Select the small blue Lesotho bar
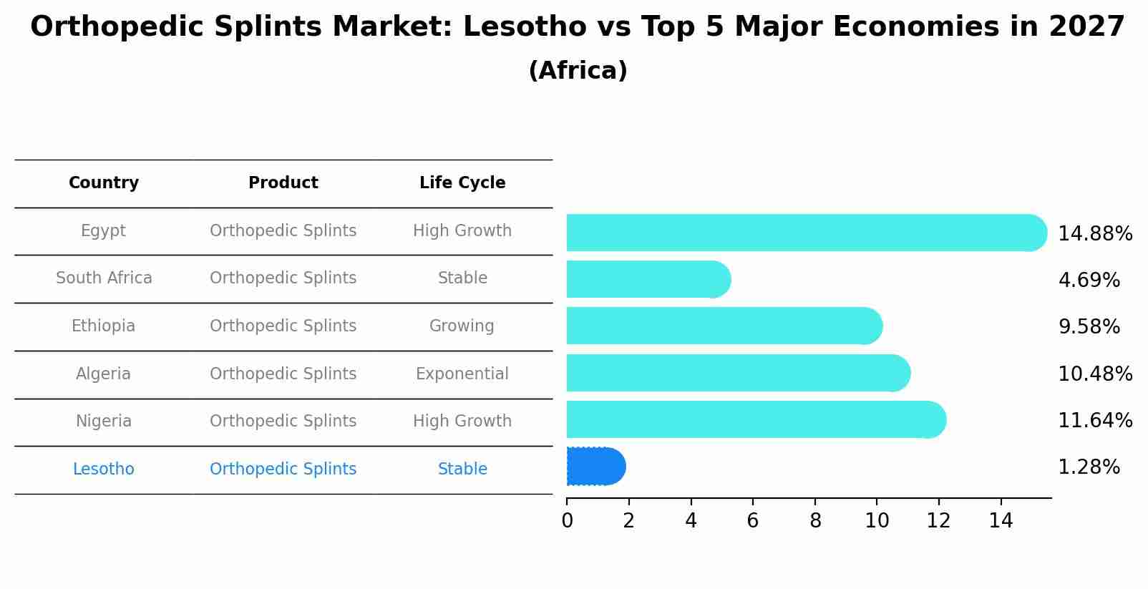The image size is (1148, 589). click(x=595, y=467)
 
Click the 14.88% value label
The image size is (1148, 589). click(x=1094, y=234)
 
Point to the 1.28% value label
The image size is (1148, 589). click(x=1089, y=467)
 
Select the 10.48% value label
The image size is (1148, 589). click(x=1094, y=374)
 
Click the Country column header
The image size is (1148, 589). click(x=104, y=183)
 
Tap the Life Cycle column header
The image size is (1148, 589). click(x=462, y=183)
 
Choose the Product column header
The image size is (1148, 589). click(x=283, y=183)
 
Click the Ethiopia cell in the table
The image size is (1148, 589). click(x=104, y=326)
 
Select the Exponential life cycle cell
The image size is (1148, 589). click(x=462, y=374)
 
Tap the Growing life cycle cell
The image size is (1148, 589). click(x=462, y=326)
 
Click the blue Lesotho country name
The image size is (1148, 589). click(x=104, y=469)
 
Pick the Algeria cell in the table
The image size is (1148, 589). click(x=104, y=374)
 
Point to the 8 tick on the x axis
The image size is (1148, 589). click(x=815, y=521)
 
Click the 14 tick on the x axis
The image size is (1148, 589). click(x=1001, y=521)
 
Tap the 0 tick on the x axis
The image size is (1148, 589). click(x=567, y=521)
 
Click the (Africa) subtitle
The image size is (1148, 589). click(x=578, y=71)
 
